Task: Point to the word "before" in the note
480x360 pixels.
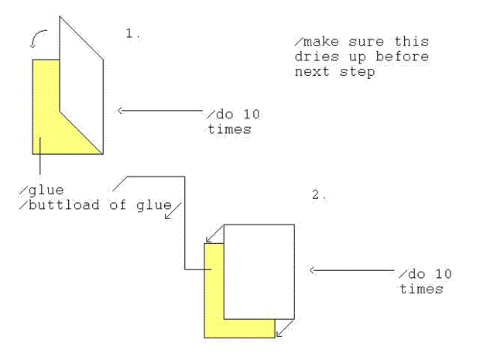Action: (404, 57)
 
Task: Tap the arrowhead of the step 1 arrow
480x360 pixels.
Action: (122, 111)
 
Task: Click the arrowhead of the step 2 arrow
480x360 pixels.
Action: (313, 270)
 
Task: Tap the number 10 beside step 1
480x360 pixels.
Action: (249, 115)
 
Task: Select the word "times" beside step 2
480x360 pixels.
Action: (421, 290)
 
